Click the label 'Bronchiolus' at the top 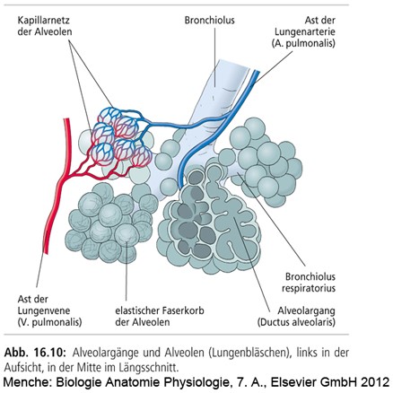[209, 21]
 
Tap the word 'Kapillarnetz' [44, 21]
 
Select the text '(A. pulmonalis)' [303, 43]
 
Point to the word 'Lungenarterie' [305, 32]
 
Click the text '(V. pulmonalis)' [49, 322]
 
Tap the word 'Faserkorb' [183, 310]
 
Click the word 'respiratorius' [309, 288]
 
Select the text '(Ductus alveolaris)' [296, 322]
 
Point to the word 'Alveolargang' [306, 310]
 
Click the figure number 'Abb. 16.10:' [35, 353]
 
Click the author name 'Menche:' [27, 382]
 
